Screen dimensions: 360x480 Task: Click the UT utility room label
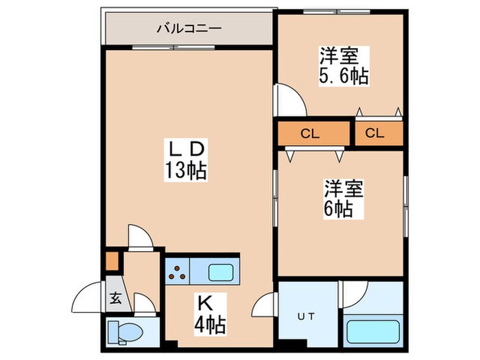pyautogui.click(x=305, y=317)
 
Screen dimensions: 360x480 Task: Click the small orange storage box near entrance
pyautogui.click(x=112, y=262)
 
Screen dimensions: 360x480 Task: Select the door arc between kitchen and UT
pyautogui.click(x=264, y=305)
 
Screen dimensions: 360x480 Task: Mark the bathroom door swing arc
pyautogui.click(x=355, y=293)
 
